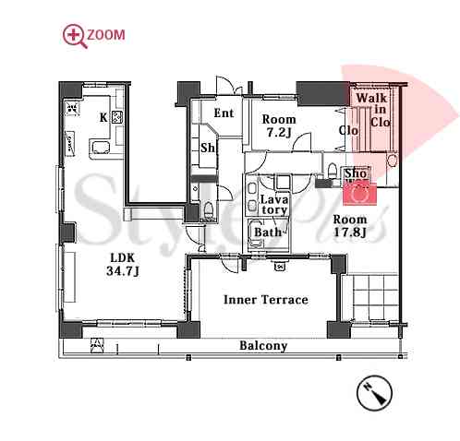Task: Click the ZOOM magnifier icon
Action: tap(73, 36)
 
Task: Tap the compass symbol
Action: tap(374, 392)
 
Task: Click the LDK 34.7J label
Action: tap(123, 265)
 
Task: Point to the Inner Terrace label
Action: tap(266, 300)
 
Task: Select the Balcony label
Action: tap(263, 346)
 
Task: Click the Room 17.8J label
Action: tap(350, 226)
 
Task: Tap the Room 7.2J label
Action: tap(279, 125)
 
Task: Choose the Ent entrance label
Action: tap(224, 113)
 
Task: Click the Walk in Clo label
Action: tap(375, 110)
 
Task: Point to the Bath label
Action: tap(268, 232)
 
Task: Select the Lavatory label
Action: tap(274, 205)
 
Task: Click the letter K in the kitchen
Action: tap(103, 117)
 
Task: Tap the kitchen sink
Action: tap(100, 147)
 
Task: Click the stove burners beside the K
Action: tap(117, 117)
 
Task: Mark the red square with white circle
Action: tap(360, 194)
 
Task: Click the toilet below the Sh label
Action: tap(208, 209)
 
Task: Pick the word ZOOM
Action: tap(106, 35)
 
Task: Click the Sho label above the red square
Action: tap(356, 173)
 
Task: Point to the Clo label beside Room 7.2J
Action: tap(348, 130)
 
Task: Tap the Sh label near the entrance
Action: tap(208, 148)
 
